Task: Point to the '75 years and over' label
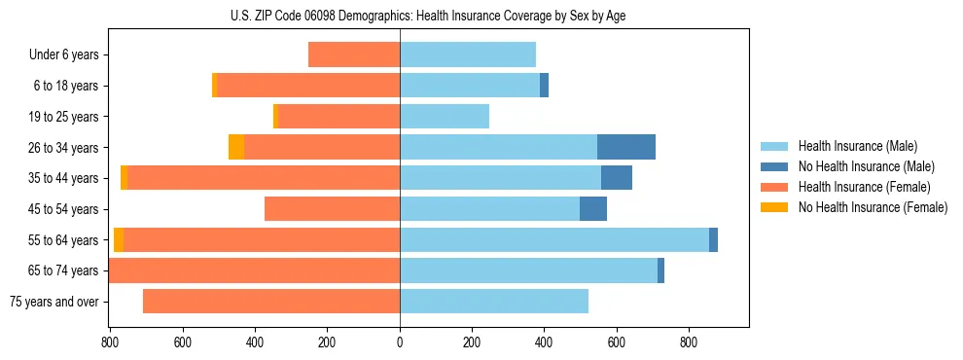[x=54, y=302]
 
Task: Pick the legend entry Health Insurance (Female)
[x=865, y=187]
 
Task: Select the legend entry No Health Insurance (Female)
[x=873, y=207]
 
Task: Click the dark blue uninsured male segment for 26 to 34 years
[x=626, y=147]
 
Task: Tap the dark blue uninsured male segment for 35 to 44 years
[x=617, y=178]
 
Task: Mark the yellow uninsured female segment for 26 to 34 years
[x=236, y=147]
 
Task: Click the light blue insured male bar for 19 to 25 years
[x=445, y=117]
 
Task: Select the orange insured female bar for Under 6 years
[x=354, y=55]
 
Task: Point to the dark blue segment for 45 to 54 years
[x=593, y=209]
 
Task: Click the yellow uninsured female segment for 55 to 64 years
[x=119, y=239]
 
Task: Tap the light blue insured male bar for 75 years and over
[x=494, y=302]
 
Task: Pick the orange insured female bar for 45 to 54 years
[x=332, y=209]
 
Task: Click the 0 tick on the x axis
[x=400, y=342]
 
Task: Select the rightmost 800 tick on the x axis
[x=689, y=342]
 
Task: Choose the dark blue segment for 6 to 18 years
[x=545, y=86]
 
